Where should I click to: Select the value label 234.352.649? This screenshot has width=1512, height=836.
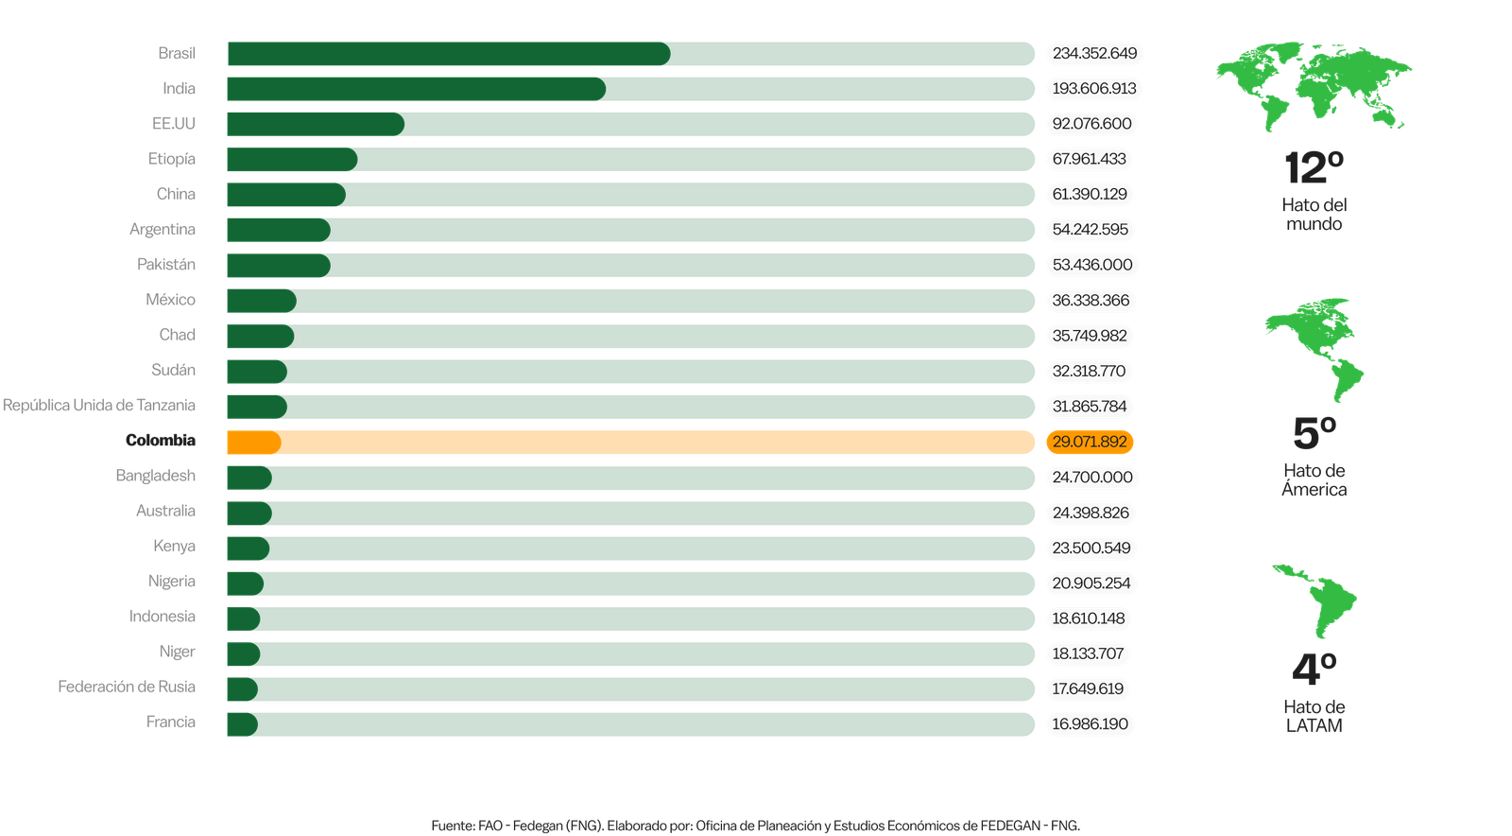click(1094, 53)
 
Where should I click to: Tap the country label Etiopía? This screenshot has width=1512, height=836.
click(172, 159)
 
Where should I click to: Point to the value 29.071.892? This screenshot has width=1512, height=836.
click(1090, 442)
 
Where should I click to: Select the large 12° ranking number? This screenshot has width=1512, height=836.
click(1314, 168)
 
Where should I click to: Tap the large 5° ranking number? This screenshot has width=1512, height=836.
click(1314, 433)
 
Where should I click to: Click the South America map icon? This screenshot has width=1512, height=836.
click(1314, 600)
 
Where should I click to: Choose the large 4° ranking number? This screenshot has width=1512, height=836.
click(1314, 669)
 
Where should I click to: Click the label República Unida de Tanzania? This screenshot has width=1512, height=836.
click(99, 405)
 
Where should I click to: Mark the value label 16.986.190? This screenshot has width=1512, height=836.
click(1090, 724)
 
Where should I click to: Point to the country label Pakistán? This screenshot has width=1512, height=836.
click(166, 265)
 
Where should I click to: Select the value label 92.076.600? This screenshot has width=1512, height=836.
click(1091, 124)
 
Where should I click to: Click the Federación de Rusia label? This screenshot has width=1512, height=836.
click(127, 687)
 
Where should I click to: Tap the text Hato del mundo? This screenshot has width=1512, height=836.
click(1314, 214)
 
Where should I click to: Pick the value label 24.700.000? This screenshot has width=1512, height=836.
click(1091, 478)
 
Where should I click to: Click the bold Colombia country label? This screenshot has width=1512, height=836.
click(161, 440)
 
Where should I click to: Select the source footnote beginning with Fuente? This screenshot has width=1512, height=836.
click(755, 826)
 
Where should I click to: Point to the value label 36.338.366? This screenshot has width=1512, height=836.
click(1091, 301)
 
